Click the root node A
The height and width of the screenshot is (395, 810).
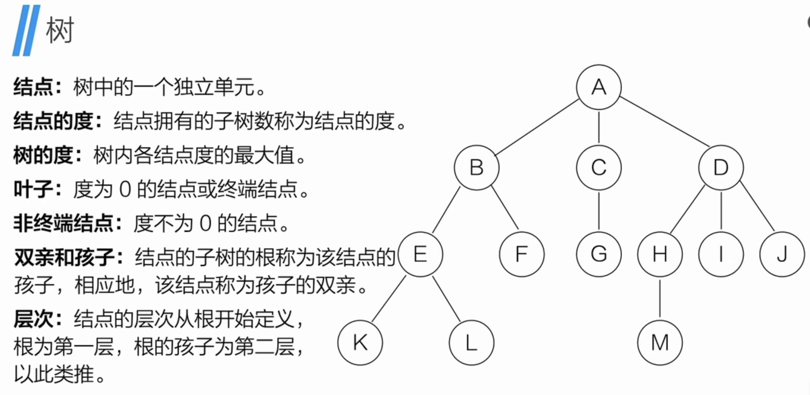tap(599, 87)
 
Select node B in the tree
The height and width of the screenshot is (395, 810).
tap(476, 167)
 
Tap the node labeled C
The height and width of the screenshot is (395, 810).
tap(599, 167)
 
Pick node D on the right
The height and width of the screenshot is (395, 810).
tap(721, 167)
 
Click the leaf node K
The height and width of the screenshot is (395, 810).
tap(360, 342)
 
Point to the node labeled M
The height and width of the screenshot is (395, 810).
tap(660, 342)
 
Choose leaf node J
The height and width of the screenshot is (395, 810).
tap(782, 254)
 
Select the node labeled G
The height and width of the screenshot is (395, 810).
tap(599, 254)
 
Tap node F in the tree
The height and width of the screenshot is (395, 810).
tap(521, 254)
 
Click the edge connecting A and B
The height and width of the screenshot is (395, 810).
tap(537, 127)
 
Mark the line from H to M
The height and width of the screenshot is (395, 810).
tap(660, 298)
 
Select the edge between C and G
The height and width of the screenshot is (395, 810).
tap(599, 211)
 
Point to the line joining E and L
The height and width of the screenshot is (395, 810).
tap(446, 299)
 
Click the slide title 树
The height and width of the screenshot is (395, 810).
tap(60, 31)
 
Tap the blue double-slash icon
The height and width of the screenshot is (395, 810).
tap(26, 31)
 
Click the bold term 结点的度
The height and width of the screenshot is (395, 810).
tap(53, 121)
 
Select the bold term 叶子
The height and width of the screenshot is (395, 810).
tap(33, 189)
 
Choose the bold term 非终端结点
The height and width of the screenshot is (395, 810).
tap(63, 223)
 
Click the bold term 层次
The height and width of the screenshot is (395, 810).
tap(33, 319)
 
